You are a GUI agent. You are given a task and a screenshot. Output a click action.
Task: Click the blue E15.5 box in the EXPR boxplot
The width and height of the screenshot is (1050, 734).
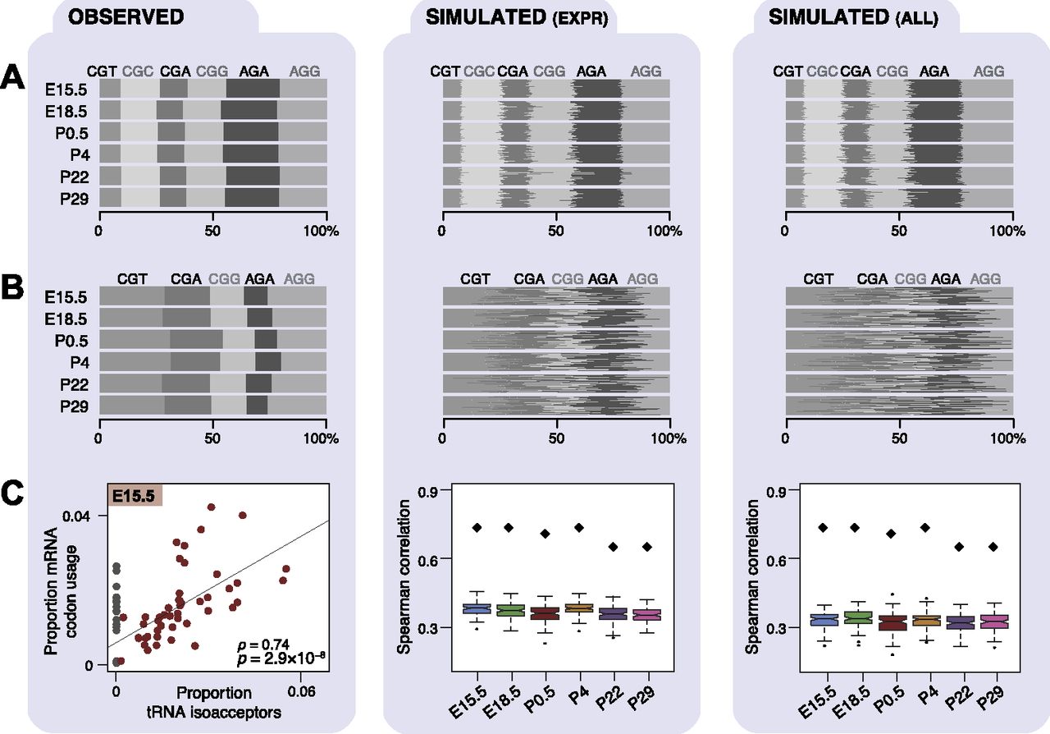coord(475,608)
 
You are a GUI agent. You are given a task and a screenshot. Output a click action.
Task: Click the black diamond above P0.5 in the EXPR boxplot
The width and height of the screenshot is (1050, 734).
coord(545,534)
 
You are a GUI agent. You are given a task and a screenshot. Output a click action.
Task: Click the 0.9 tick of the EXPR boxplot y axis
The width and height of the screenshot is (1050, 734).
coord(424,490)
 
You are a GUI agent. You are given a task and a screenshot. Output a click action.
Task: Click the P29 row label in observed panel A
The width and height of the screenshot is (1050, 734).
coord(72,197)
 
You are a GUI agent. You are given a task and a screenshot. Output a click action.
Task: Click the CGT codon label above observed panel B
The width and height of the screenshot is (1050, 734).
coord(132,279)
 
